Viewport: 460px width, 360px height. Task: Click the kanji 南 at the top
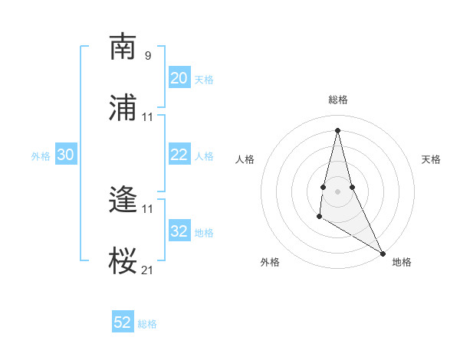123,47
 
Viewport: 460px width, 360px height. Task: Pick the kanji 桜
123,260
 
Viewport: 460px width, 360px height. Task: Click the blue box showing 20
179,78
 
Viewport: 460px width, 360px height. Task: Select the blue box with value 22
179,155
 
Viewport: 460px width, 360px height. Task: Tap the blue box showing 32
179,231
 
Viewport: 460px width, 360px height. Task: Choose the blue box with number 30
66,155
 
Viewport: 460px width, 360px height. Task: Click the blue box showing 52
123,322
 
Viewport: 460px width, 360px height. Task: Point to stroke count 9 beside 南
147,55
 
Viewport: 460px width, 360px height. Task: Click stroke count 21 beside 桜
147,269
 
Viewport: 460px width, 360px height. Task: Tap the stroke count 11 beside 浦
147,116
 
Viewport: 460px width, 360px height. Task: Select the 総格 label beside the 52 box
147,324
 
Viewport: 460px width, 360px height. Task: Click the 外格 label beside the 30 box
41,156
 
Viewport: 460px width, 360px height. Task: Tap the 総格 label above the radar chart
338,100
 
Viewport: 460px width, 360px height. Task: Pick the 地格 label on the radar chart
402,262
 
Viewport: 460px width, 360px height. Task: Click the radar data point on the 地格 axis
383,253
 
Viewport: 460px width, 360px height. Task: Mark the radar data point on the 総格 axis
338,129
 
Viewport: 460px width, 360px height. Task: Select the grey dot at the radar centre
338,191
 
